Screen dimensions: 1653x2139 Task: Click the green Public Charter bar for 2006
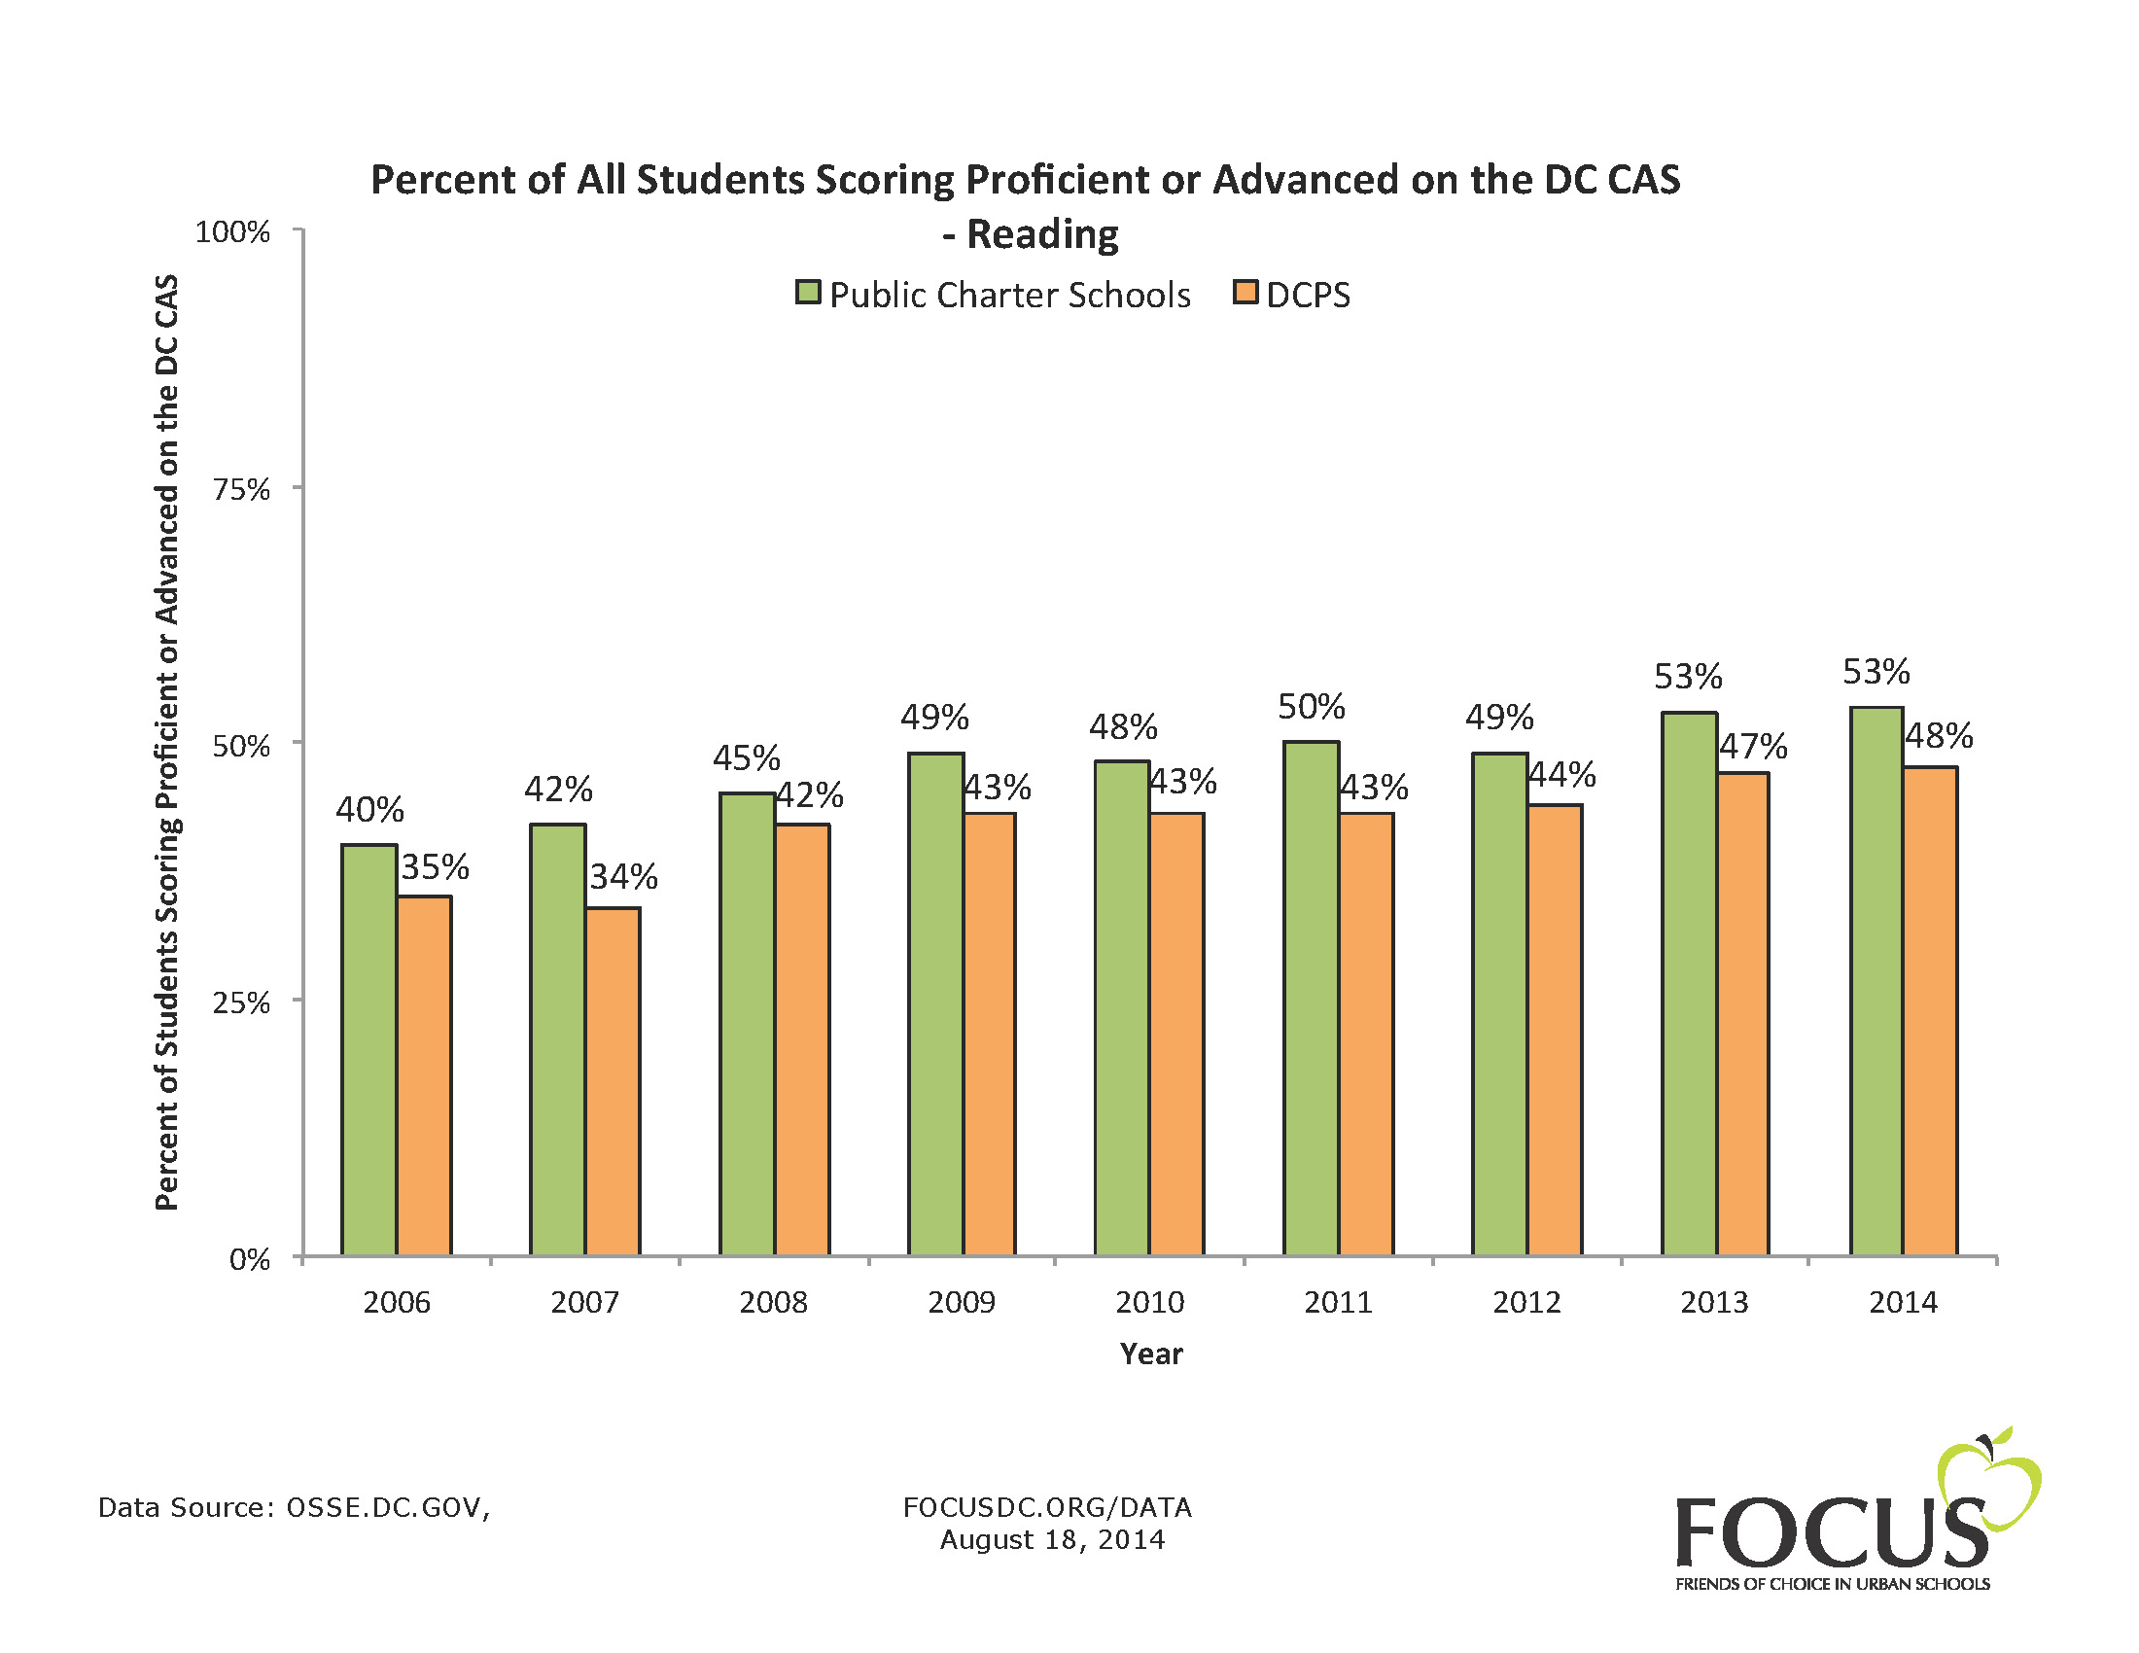[368, 1049]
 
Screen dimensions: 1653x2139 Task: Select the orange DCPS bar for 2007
[613, 1081]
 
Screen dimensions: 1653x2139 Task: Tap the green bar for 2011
[1311, 998]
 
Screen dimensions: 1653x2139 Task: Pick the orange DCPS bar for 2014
[1929, 1010]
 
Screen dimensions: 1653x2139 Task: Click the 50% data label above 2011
[1311, 707]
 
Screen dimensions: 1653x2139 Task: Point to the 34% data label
[623, 876]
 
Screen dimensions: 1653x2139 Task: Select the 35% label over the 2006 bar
[435, 866]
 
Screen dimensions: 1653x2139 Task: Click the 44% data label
[1561, 775]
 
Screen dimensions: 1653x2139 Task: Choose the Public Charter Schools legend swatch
[807, 293]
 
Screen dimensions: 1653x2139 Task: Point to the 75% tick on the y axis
[241, 489]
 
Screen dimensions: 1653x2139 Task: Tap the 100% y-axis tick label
[232, 232]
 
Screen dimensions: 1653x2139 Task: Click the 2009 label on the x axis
[961, 1302]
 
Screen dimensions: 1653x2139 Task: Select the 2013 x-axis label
[1714, 1302]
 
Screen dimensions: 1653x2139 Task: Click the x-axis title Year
[1151, 1354]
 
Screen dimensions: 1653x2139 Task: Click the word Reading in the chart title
[1042, 234]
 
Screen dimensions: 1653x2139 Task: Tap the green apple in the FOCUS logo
[1988, 1479]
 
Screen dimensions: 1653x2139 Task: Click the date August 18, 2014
[1052, 1540]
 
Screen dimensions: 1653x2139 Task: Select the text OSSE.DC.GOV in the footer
[387, 1507]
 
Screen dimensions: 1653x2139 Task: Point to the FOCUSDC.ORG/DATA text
[1047, 1507]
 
